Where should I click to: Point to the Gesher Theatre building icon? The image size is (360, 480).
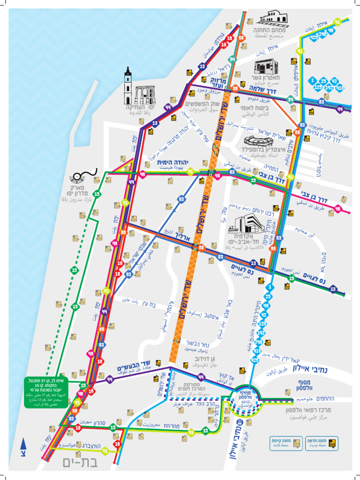pyautogui.click(x=266, y=67)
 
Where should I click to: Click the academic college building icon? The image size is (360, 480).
pyautogui.click(x=245, y=224)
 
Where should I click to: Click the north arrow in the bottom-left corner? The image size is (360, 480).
pyautogui.click(x=23, y=447)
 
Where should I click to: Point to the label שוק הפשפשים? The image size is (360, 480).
pyautogui.click(x=202, y=104)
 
